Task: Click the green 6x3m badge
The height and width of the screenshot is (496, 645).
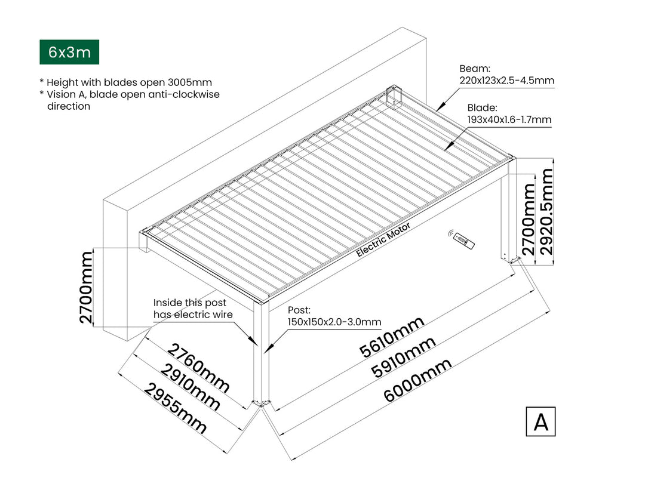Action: [69, 52]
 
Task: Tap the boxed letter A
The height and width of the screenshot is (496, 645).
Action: [540, 421]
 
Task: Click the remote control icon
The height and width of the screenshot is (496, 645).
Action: [463, 241]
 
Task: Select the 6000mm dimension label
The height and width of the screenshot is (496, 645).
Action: [417, 380]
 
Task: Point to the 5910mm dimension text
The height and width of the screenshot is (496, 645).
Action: [403, 358]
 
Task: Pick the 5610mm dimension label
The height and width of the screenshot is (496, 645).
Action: [392, 337]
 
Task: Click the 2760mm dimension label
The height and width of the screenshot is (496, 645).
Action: [198, 368]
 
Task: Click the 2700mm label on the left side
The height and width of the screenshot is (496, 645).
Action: [87, 286]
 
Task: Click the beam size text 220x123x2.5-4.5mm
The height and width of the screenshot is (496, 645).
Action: [506, 81]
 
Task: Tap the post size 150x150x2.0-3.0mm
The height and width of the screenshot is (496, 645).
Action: [334, 322]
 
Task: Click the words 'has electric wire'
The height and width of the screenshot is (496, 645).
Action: [193, 315]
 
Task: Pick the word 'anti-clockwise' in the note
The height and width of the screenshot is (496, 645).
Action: [186, 94]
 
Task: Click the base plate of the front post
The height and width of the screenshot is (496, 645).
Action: [262, 403]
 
